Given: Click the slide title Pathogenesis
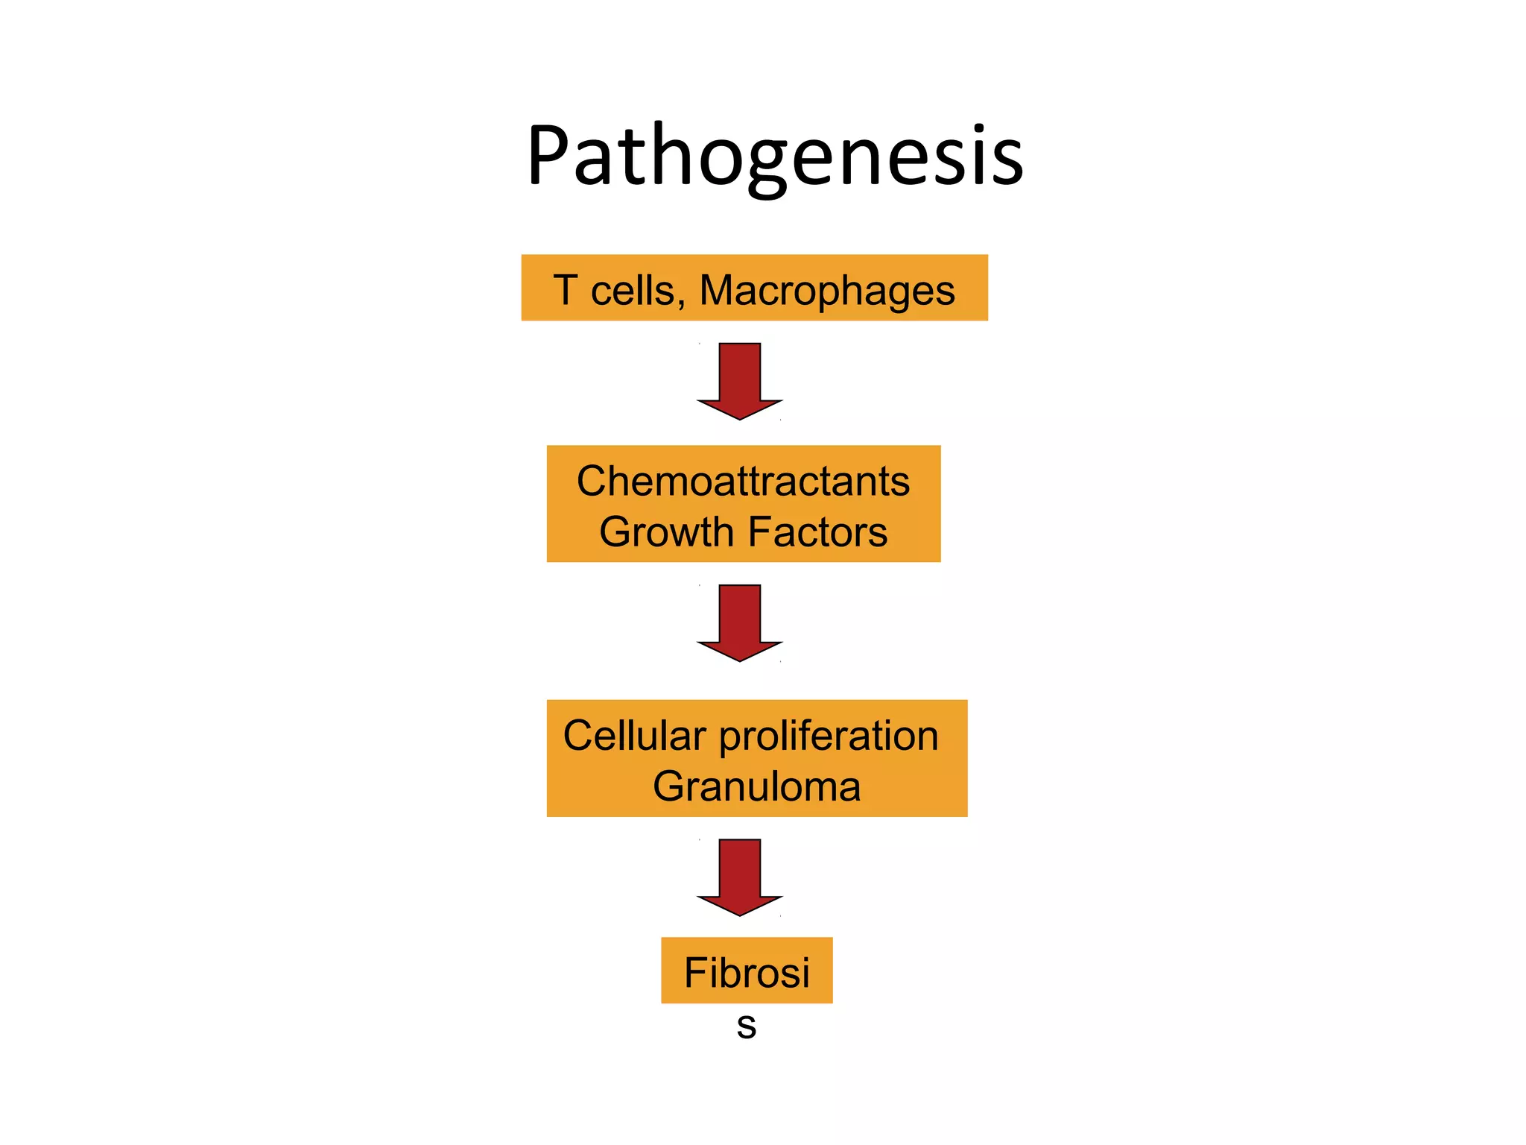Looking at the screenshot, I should tap(775, 157).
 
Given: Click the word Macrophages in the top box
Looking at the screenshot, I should tap(827, 291).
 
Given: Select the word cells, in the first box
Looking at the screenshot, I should tap(638, 290).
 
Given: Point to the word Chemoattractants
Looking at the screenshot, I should tap(743, 481).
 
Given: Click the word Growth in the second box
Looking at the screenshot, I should tap(667, 532).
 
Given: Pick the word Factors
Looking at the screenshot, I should tap(817, 532).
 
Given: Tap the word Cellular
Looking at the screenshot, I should tap(634, 736).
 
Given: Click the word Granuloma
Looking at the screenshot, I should tap(756, 786).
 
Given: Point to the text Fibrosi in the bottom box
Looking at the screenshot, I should tap(747, 973).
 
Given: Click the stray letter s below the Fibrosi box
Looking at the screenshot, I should tap(747, 1027).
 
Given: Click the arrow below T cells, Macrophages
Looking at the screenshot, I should tap(740, 380).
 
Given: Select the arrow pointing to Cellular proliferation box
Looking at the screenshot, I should tap(740, 622).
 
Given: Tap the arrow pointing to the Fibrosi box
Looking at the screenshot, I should tap(740, 876).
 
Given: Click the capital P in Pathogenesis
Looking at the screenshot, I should tap(549, 157).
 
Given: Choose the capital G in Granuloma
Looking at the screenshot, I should tap(669, 786).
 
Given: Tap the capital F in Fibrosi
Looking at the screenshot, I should tap(694, 973).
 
